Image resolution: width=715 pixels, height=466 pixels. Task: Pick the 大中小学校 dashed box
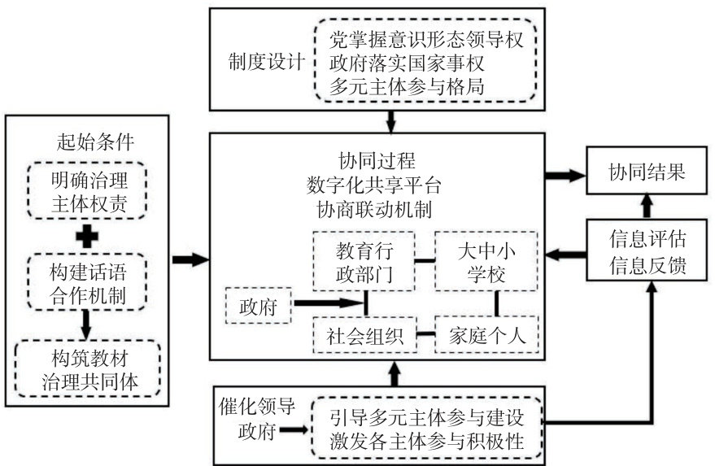486,261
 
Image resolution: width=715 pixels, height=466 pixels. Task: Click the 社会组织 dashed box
364,335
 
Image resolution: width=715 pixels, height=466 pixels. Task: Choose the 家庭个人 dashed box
486,335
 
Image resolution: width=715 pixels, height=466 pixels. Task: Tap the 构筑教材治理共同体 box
87,368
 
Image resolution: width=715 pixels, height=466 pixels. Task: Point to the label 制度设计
262,61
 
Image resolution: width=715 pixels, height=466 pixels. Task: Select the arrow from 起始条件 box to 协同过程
190,259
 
